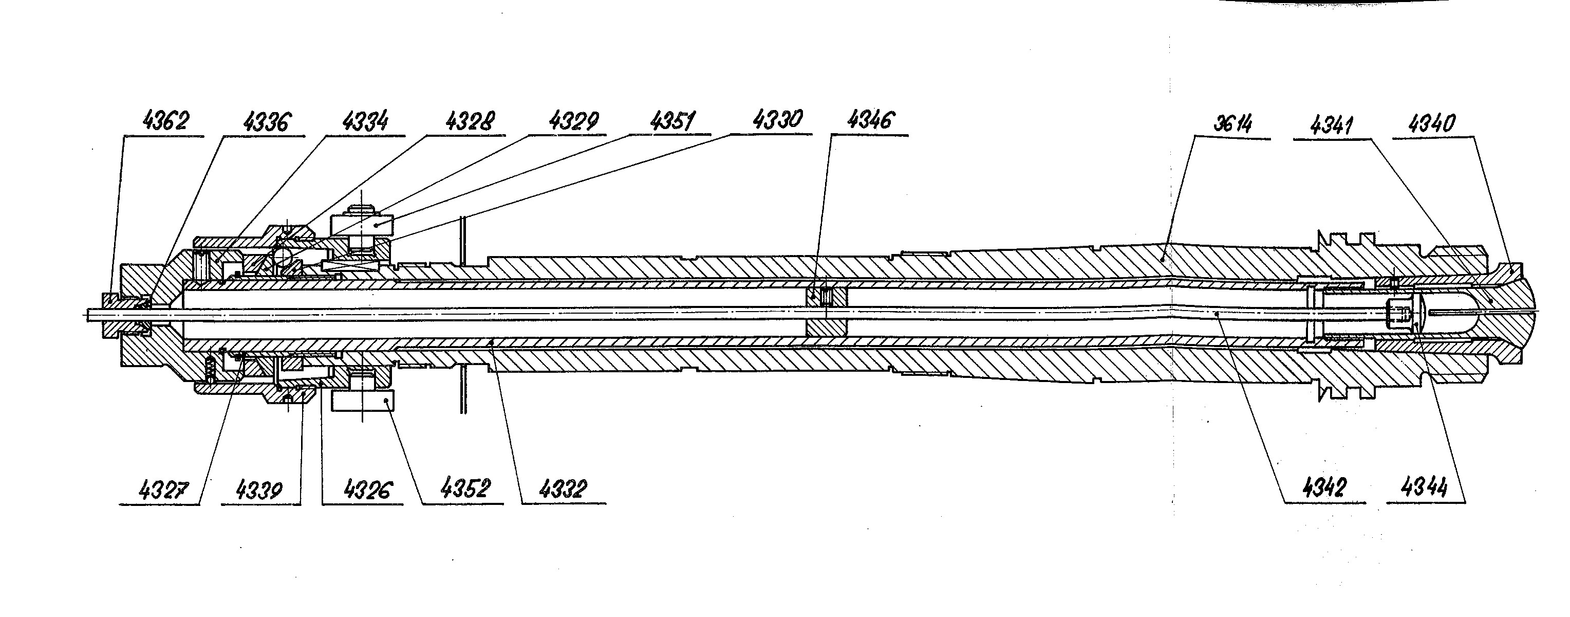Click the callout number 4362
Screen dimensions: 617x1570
[165, 121]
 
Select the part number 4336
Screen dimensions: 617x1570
[266, 122]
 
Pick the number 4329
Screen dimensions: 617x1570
[573, 121]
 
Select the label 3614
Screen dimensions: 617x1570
[1232, 124]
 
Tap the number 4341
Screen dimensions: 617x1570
[1332, 125]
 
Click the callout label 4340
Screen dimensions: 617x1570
[1432, 124]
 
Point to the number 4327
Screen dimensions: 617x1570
[163, 489]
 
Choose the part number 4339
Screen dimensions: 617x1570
[259, 489]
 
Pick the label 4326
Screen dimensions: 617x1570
[367, 489]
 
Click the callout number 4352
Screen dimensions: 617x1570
[464, 488]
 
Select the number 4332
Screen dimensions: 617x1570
[563, 488]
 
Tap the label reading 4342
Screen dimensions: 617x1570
[1323, 488]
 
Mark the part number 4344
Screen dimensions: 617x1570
[1424, 488]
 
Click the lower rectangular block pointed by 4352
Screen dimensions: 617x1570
[363, 401]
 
